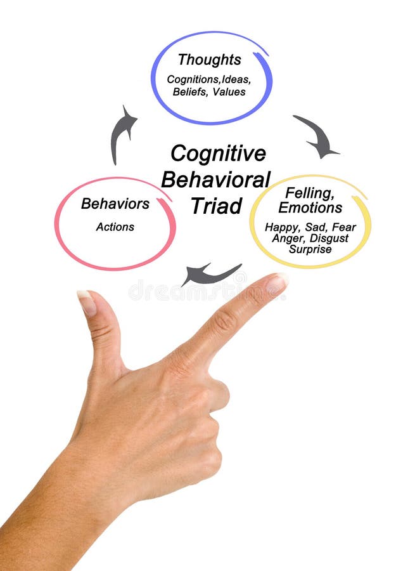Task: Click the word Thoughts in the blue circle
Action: pyautogui.click(x=209, y=60)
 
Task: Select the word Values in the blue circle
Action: pyautogui.click(x=230, y=91)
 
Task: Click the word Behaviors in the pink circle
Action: pyautogui.click(x=115, y=204)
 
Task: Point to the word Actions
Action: pyautogui.click(x=115, y=226)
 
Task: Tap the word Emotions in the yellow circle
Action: pyautogui.click(x=310, y=208)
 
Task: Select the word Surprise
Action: pyautogui.click(x=310, y=249)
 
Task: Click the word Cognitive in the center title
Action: pyautogui.click(x=218, y=154)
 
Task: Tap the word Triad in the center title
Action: pyautogui.click(x=216, y=206)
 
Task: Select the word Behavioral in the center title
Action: pyautogui.click(x=215, y=180)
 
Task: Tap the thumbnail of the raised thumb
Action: pyautogui.click(x=87, y=302)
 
